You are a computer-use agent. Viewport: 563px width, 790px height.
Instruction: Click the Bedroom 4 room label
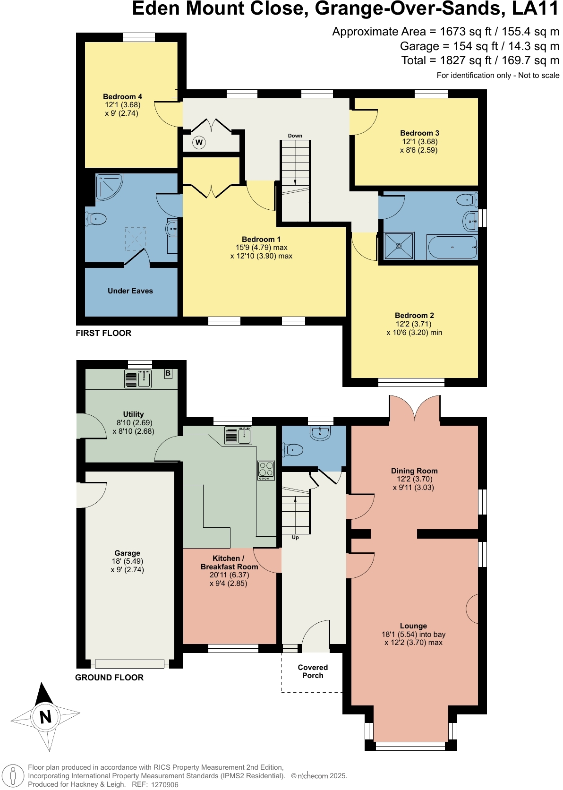point(122,97)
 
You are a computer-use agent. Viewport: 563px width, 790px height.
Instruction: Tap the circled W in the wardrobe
point(199,142)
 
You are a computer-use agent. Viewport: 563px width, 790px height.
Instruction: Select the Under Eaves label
point(130,291)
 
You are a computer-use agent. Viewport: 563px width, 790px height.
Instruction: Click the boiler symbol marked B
point(168,373)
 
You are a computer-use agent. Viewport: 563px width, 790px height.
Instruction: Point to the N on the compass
point(45,717)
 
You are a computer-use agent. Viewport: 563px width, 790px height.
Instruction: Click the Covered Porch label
point(313,671)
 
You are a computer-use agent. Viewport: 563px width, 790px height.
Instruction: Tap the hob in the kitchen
point(266,471)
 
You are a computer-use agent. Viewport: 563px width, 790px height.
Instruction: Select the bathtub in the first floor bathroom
point(452,247)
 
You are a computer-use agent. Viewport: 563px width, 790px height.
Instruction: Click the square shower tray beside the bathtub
point(399,246)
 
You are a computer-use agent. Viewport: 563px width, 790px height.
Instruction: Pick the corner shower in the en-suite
point(108,186)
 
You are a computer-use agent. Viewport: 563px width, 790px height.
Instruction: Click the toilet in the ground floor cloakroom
point(292,450)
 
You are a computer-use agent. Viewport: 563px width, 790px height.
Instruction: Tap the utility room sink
point(138,379)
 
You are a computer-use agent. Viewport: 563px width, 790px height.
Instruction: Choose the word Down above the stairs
point(295,136)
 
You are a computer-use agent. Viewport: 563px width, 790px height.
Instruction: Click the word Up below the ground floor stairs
point(295,537)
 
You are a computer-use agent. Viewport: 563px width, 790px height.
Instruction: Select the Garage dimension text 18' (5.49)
point(127,561)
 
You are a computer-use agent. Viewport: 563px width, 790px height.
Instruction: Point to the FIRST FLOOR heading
point(103,333)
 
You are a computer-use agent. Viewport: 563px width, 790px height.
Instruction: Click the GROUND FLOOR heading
point(109,678)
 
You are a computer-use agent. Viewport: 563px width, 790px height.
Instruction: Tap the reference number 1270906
point(165,785)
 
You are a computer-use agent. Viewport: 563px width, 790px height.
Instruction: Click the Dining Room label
point(414,471)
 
